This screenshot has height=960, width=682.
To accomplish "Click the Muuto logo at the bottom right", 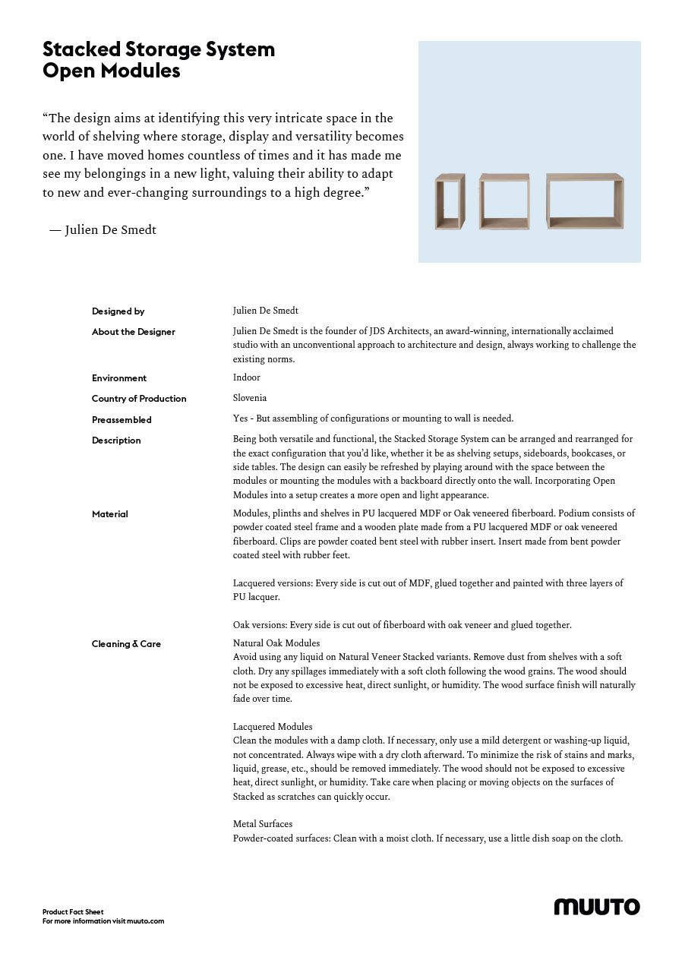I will [596, 906].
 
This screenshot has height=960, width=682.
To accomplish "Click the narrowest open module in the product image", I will [450, 201].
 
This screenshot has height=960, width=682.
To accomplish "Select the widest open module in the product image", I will [585, 201].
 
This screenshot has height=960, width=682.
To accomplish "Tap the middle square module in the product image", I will [504, 201].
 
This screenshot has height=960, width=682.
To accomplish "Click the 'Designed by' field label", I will [118, 311].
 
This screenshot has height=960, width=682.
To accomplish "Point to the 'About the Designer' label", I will [134, 332].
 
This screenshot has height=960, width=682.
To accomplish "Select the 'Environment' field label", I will [119, 378].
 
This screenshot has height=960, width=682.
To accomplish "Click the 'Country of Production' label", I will [139, 399].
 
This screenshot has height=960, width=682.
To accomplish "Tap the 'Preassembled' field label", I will [122, 420].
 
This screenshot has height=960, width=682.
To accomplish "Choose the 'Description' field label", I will [116, 441].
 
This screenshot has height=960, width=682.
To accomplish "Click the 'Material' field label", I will [110, 514].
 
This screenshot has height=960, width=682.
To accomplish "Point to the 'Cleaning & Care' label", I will [126, 644].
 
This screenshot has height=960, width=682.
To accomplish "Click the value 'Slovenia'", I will [250, 398].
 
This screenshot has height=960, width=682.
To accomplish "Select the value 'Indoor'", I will [247, 377].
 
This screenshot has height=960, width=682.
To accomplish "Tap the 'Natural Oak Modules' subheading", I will [276, 643].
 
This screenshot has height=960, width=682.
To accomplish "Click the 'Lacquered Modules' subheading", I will [273, 727].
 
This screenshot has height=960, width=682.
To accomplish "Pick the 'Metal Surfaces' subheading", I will [263, 824].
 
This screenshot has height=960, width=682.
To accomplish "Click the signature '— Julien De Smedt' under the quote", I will [103, 230].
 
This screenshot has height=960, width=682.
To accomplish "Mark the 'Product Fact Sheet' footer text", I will [73, 911].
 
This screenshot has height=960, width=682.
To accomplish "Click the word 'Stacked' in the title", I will [81, 50].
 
